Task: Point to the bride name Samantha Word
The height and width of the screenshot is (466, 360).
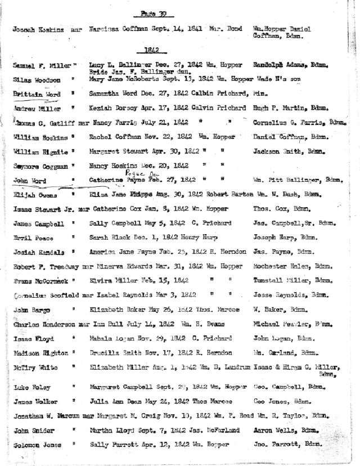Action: point(110,93)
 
